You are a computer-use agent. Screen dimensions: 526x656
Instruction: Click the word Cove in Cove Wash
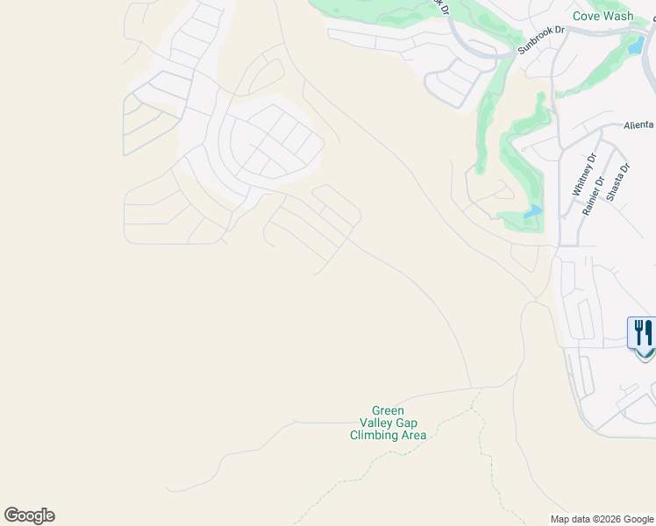coord(587,16)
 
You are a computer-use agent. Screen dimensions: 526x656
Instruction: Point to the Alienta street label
coord(638,125)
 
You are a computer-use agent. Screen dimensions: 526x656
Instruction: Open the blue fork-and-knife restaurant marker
coord(643,334)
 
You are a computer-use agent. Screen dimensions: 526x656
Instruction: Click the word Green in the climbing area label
coord(388,410)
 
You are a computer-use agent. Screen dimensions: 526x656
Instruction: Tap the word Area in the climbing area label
coord(413,435)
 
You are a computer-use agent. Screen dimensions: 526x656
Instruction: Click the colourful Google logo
coord(29,515)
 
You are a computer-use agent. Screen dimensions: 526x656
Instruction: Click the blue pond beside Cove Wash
coord(635,45)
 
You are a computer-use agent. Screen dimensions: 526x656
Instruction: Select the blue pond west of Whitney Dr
coord(531,212)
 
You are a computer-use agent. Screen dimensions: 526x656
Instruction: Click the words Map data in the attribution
coord(571,519)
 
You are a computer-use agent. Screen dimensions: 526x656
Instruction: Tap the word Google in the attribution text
coord(637,519)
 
